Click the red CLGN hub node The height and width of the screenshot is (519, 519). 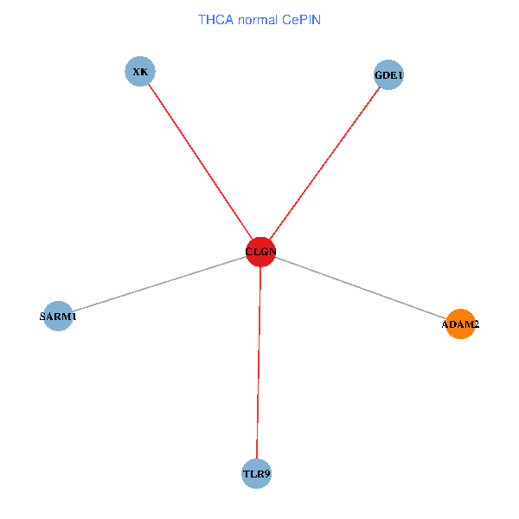(x=260, y=252)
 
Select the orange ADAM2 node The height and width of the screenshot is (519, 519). (x=461, y=324)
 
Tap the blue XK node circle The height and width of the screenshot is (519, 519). (x=139, y=71)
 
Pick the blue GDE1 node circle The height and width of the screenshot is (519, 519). (x=388, y=74)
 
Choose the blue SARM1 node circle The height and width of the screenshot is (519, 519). (x=58, y=316)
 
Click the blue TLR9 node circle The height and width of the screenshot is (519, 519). (x=256, y=473)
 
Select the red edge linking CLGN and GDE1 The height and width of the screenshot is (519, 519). (x=324, y=163)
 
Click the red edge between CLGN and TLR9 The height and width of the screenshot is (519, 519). (x=259, y=363)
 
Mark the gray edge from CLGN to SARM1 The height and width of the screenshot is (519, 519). (x=160, y=284)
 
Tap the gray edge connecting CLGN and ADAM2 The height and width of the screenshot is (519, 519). (x=359, y=287)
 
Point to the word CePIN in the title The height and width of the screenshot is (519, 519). (x=300, y=19)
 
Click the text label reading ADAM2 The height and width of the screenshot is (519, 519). (x=461, y=325)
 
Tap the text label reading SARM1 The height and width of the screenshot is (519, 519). (x=58, y=317)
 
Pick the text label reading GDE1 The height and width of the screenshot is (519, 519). (x=388, y=75)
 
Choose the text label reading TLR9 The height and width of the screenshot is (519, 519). (x=256, y=474)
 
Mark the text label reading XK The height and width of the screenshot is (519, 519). (x=139, y=72)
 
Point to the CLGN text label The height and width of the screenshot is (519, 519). (x=260, y=253)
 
